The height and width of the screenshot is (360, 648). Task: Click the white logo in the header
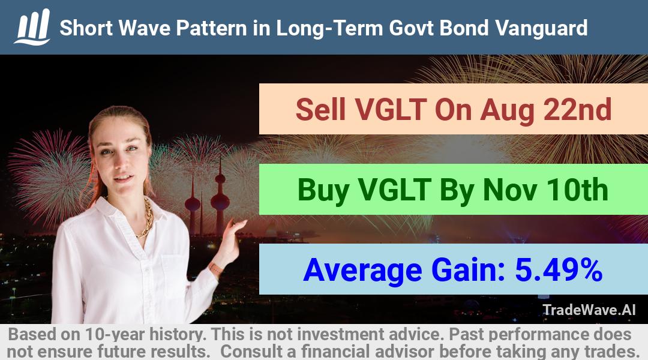tap(32, 27)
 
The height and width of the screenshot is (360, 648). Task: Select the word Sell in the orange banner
tap(320, 110)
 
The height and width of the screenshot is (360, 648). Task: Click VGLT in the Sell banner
tap(391, 110)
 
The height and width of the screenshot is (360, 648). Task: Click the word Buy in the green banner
tap(323, 190)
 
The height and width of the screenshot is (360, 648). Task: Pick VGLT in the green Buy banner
tap(395, 190)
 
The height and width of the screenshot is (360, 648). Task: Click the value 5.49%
tap(559, 270)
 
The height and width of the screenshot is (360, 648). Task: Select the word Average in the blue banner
tap(362, 271)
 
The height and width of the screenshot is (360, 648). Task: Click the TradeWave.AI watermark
tap(589, 310)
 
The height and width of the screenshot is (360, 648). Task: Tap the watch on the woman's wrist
tap(216, 269)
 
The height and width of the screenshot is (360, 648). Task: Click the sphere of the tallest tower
tap(220, 201)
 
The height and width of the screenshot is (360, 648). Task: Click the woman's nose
tap(121, 162)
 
